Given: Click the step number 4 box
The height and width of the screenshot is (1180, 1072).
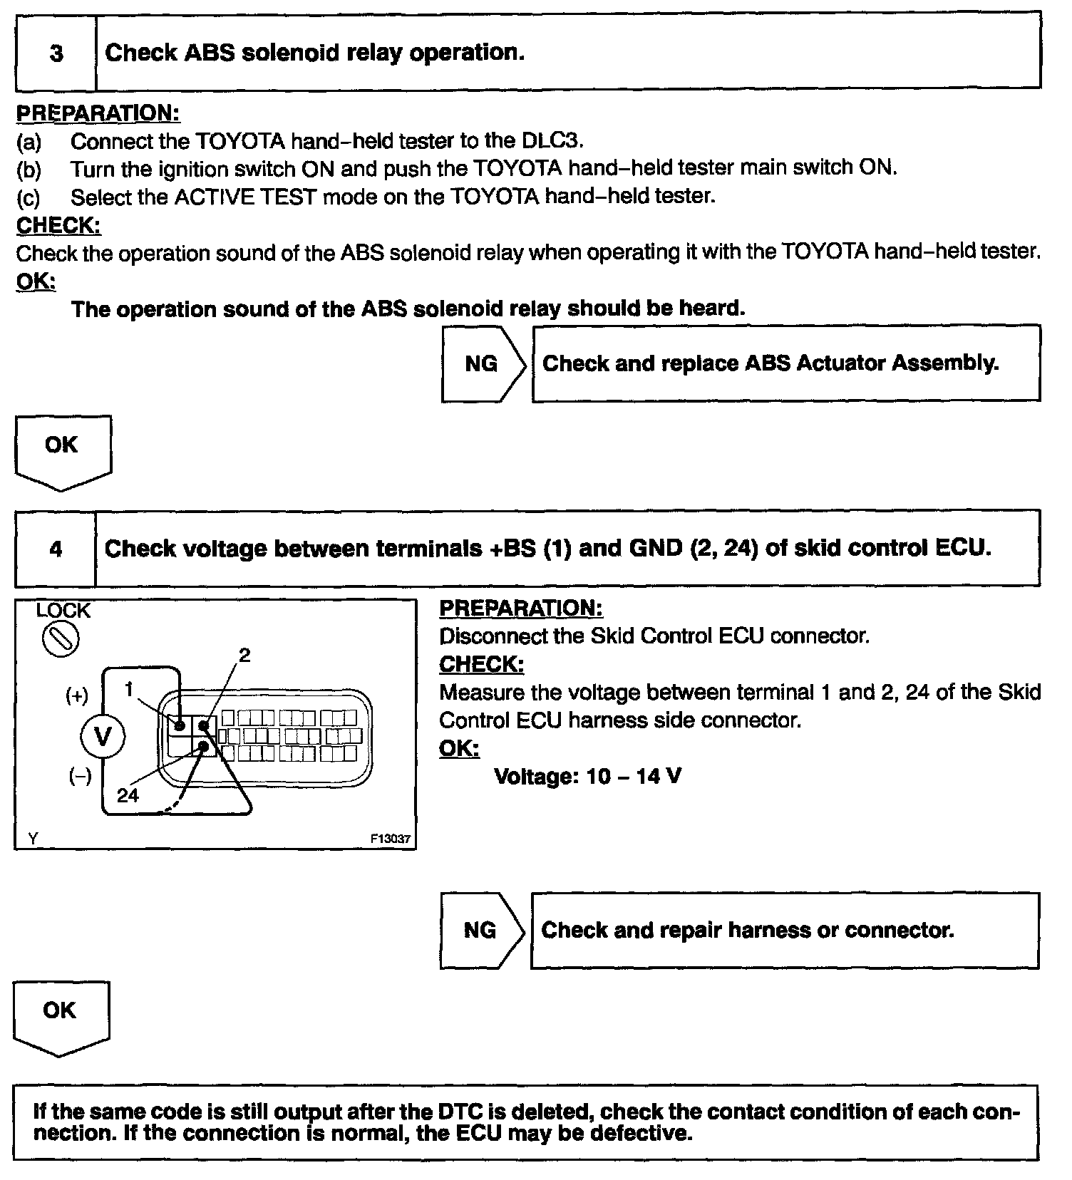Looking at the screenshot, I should pos(56,549).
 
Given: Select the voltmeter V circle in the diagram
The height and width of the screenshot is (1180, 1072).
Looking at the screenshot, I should pos(103,736).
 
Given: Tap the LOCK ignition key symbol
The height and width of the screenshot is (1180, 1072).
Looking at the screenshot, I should pos(61,639).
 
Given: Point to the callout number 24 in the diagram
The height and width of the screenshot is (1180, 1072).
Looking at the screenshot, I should pos(128,795).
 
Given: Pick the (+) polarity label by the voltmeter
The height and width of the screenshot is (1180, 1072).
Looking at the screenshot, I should pos(77,695).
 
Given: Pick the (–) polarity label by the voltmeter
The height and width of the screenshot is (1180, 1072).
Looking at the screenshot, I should pos(79,777).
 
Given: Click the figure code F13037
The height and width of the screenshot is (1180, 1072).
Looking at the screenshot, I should pos(391,839).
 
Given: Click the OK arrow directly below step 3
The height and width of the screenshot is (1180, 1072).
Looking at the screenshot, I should pos(62,450).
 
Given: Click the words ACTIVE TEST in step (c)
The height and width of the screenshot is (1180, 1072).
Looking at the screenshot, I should pos(245,196).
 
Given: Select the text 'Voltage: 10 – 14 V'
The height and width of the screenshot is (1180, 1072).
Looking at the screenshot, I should pos(587,776).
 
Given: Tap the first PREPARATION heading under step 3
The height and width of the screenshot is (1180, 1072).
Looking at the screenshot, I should pos(98,113).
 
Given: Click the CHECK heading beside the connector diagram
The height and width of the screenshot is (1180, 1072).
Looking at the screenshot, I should pos(481,664).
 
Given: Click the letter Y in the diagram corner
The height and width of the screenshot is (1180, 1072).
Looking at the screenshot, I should pos(33,839).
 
